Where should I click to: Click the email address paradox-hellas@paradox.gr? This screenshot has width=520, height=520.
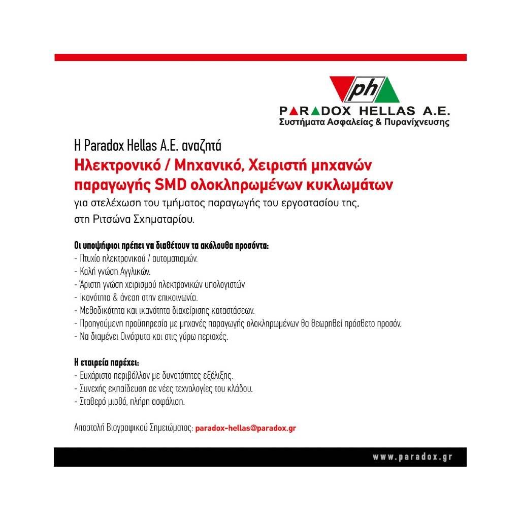(x=246, y=428)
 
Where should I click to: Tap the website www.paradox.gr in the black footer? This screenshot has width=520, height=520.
(x=412, y=457)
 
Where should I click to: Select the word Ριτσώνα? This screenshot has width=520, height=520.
(x=106, y=220)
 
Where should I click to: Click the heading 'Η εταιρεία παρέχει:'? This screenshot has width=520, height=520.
(x=106, y=364)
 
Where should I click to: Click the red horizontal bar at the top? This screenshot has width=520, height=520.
(x=260, y=57)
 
